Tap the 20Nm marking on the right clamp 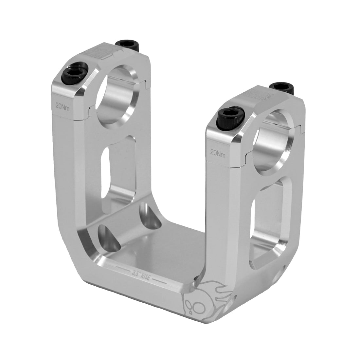pos(218,152)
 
